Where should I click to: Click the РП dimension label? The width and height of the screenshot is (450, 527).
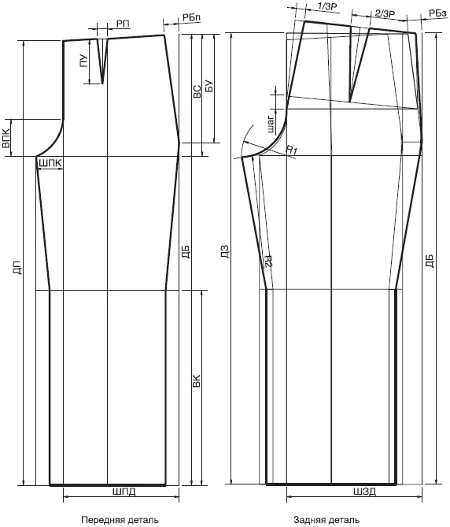[123, 24]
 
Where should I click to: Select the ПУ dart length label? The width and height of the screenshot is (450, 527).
[83, 61]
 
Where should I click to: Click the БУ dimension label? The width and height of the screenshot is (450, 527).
[208, 87]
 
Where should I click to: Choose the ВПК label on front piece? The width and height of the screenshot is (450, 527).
[6, 139]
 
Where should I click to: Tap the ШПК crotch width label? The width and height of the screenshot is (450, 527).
[50, 164]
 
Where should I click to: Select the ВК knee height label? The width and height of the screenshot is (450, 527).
[197, 380]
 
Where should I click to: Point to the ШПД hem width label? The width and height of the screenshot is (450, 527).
[124, 492]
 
